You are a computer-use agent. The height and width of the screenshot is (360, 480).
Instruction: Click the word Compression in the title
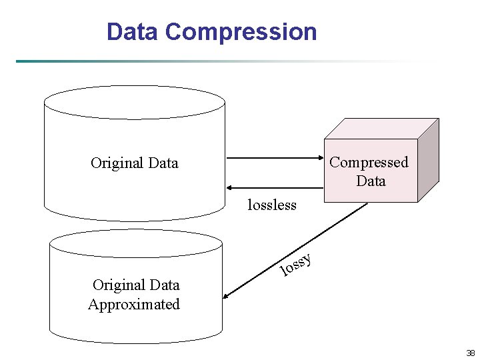[241, 32]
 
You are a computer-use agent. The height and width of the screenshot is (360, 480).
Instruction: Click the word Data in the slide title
[133, 32]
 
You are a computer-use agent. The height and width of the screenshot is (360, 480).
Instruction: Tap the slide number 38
[471, 353]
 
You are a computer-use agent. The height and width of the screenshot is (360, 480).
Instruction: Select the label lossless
[271, 205]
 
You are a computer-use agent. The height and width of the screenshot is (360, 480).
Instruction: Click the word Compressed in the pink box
[369, 162]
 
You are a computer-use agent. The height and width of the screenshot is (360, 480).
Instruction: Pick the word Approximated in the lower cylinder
[134, 305]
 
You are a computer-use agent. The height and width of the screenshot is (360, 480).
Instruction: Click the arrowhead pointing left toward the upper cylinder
[230, 189]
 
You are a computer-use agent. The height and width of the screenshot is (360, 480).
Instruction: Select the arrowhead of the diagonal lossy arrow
[228, 297]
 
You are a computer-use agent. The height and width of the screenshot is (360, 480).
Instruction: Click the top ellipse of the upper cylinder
[134, 103]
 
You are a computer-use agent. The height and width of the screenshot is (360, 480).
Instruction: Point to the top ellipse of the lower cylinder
[135, 243]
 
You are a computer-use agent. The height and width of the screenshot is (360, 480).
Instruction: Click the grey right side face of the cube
[428, 160]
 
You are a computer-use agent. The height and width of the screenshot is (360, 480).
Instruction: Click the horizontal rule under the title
[200, 61]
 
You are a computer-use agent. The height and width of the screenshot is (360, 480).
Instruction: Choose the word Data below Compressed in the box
[371, 181]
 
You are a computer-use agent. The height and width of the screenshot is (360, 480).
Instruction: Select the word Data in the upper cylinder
[163, 163]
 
